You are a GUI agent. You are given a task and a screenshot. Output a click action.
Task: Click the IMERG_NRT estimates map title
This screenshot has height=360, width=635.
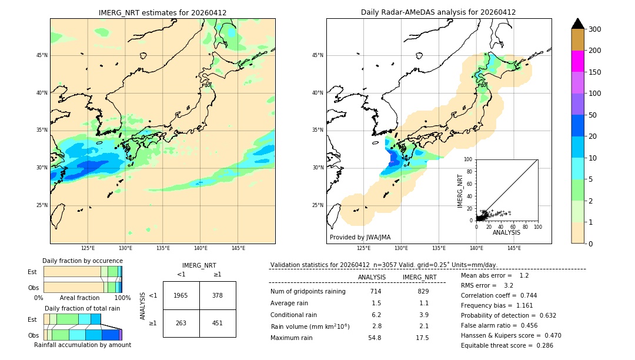[x=162, y=12]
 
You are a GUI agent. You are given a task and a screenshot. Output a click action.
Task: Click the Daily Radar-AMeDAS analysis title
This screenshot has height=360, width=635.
[x=439, y=12]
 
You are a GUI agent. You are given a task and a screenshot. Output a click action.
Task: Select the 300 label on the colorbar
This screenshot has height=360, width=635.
[x=594, y=29]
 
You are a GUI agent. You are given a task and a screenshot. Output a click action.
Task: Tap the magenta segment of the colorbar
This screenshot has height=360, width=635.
[x=577, y=61]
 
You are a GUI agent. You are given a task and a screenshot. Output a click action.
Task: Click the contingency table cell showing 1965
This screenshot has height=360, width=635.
[x=181, y=295]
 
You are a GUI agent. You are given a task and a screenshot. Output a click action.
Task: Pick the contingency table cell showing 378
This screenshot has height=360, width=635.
[x=218, y=295]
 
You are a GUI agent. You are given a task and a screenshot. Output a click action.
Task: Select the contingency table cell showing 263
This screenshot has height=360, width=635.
[x=181, y=322]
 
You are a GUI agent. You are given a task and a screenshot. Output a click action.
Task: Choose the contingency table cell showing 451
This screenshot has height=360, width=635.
[x=218, y=322]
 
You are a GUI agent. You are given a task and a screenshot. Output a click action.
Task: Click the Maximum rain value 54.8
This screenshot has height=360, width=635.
[x=375, y=338]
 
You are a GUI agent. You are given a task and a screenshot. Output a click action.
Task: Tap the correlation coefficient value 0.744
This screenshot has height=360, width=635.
[x=524, y=295]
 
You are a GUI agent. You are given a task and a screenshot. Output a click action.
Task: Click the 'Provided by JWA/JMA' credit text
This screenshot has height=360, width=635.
[x=360, y=237]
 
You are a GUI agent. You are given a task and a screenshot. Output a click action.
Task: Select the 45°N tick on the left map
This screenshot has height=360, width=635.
[x=42, y=55]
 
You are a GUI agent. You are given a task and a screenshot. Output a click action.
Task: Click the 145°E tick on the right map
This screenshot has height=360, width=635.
[x=514, y=248]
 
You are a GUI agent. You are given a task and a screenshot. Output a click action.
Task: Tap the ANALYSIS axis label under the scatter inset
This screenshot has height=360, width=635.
[x=506, y=232]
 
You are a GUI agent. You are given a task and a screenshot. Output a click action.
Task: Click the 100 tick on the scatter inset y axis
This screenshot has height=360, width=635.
[x=469, y=159]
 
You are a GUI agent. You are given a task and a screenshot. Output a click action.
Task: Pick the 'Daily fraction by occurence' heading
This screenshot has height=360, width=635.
[x=82, y=261]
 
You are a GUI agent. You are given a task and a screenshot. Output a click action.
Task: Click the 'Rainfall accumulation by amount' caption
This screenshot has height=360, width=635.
[x=82, y=345]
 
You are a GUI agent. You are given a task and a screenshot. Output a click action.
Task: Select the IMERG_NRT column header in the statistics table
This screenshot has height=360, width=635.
[x=419, y=277]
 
